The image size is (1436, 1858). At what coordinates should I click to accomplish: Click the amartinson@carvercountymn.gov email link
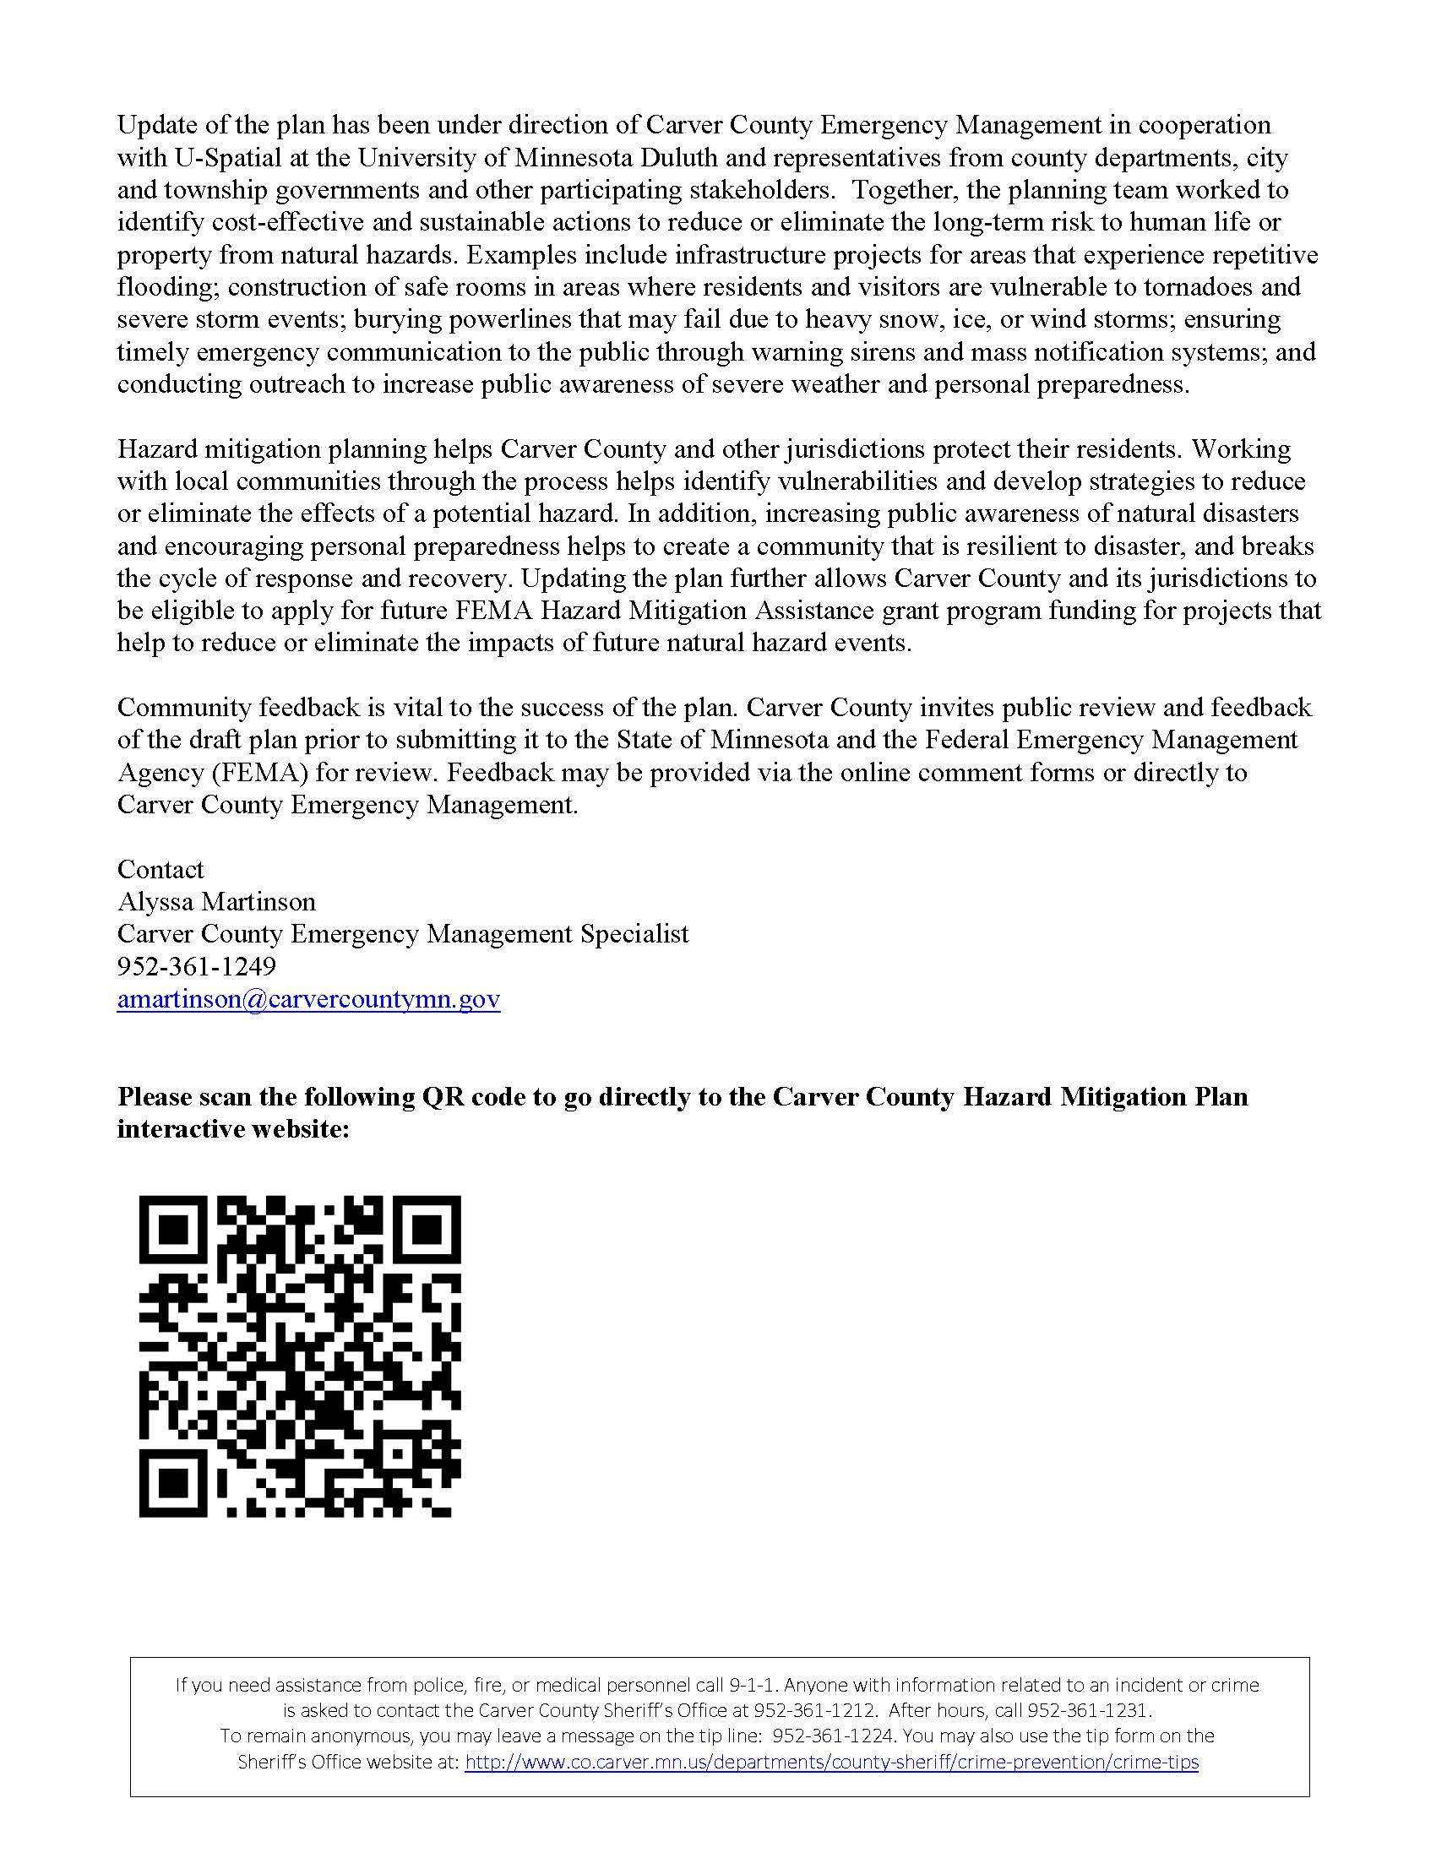click(308, 999)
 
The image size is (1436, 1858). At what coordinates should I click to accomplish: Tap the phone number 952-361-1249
click(197, 966)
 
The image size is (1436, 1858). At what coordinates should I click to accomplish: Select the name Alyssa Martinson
click(216, 902)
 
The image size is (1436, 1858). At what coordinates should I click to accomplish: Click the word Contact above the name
click(160, 869)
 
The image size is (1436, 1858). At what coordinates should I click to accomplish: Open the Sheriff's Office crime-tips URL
click(831, 1762)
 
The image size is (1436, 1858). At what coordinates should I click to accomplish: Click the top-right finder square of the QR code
click(427, 1230)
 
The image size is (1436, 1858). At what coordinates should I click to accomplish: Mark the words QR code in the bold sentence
click(474, 1097)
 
